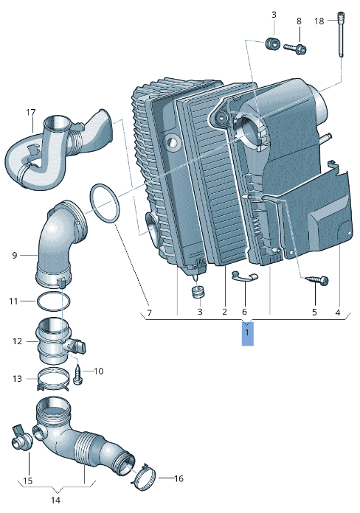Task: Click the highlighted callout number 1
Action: click(247, 332)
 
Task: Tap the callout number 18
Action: click(319, 21)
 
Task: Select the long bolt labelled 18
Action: click(341, 35)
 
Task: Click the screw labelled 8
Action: click(295, 49)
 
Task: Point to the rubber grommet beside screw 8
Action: click(272, 43)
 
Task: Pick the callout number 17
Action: click(31, 113)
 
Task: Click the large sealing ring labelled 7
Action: click(105, 203)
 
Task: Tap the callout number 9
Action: click(15, 255)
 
